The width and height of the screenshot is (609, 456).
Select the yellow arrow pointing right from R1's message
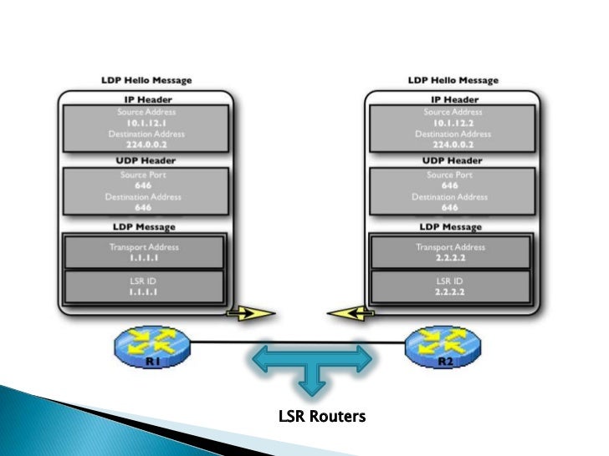pos(250,314)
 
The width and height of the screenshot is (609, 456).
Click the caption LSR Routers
pos(322,416)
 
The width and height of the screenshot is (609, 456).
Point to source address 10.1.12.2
pos(452,122)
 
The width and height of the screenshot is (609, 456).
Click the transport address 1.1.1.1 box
pos(144,252)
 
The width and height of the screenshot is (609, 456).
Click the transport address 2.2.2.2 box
pos(451,252)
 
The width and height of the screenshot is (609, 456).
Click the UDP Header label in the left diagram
pos(145,159)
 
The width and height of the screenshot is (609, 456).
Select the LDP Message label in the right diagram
pos(452,227)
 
